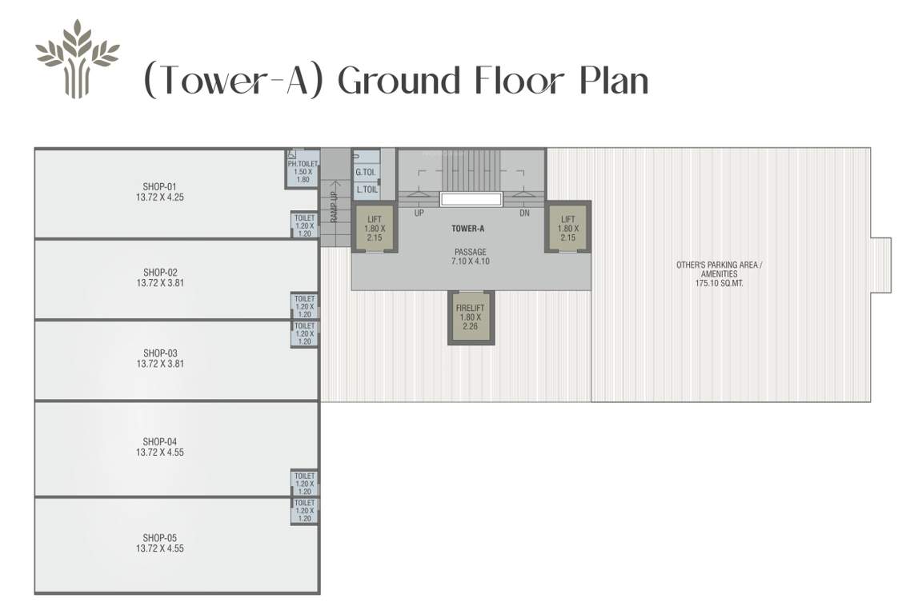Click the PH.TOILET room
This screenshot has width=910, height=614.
tap(303, 170)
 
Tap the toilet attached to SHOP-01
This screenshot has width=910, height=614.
tap(304, 225)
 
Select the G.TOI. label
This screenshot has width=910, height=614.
tap(365, 172)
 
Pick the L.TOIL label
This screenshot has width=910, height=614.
tap(366, 189)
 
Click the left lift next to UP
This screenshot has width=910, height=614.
tap(375, 228)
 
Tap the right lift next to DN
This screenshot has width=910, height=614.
tap(567, 228)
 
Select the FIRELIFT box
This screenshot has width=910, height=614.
tap(470, 317)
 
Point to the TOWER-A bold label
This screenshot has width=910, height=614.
tap(468, 229)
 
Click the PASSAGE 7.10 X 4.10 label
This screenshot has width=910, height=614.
tap(470, 257)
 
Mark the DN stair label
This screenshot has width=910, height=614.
tap(524, 213)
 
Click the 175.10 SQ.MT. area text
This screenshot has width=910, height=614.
tap(720, 283)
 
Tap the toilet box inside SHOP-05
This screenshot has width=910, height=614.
tap(304, 510)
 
